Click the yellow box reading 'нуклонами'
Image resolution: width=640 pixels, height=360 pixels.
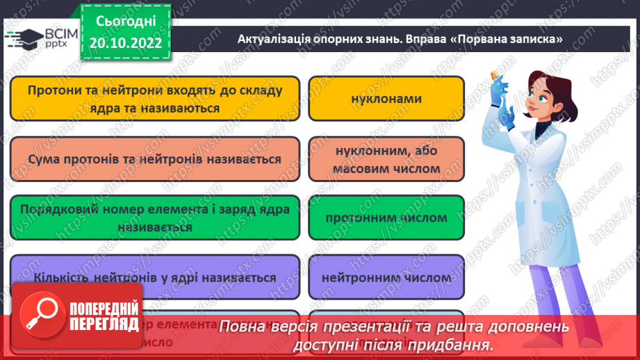click(386, 99)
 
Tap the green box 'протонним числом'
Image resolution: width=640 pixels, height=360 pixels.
click(386, 218)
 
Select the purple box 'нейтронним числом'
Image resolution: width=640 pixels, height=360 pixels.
click(386, 277)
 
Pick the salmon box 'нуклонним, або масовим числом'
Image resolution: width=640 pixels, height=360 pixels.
click(386, 159)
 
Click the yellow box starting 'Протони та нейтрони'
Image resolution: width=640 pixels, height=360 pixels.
click(155, 99)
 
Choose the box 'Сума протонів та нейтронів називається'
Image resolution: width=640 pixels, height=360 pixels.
click(155, 159)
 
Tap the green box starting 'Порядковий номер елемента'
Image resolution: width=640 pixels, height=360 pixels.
click(155, 218)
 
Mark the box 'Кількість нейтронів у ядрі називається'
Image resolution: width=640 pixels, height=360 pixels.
click(155, 277)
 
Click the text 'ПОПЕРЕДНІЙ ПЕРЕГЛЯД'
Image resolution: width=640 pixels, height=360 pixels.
click(104, 316)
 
